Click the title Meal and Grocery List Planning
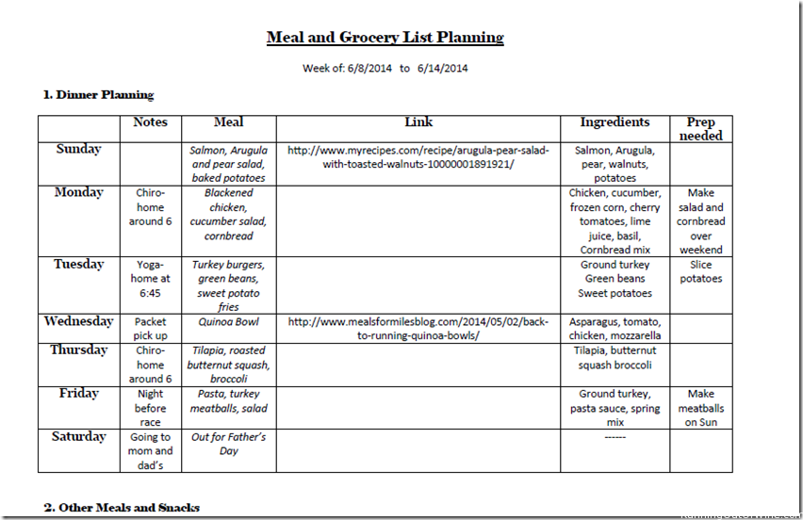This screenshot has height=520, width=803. (x=385, y=38)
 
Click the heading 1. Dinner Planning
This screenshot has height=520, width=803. (x=98, y=94)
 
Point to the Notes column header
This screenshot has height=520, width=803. (x=150, y=122)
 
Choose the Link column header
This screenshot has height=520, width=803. (x=418, y=122)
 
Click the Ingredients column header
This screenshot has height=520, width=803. (x=615, y=122)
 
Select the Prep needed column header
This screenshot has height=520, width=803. (x=700, y=129)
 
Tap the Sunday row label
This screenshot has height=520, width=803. (x=79, y=150)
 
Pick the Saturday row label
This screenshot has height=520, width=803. (x=79, y=437)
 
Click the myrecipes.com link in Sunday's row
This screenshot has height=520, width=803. (x=418, y=157)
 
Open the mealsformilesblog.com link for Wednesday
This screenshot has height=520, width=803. (x=418, y=329)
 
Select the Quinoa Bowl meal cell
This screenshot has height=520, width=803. (x=228, y=321)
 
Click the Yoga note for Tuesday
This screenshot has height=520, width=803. (x=150, y=272)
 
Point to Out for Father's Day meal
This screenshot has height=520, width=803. (x=228, y=445)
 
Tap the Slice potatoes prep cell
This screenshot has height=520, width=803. (x=700, y=272)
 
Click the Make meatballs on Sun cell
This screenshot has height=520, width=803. (x=700, y=409)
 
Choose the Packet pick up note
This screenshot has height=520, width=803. (x=150, y=329)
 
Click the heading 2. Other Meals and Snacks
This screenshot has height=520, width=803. (x=122, y=508)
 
